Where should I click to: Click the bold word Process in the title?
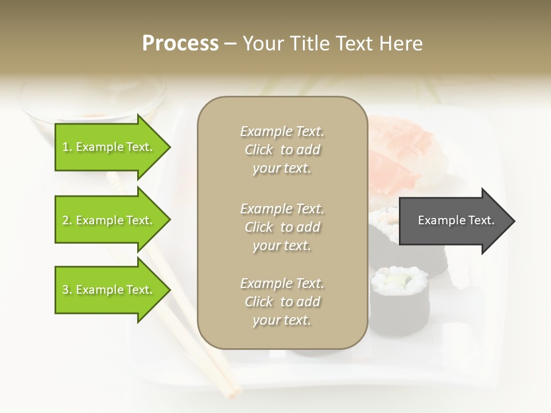180,43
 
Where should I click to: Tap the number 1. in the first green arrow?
67,147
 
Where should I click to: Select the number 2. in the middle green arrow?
67,220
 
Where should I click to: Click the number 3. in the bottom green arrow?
67,290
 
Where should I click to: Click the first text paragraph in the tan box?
282,150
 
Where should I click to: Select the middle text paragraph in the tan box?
282,227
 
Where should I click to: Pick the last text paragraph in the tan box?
282,302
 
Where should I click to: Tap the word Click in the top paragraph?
259,150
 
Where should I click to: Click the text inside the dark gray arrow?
456,220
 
